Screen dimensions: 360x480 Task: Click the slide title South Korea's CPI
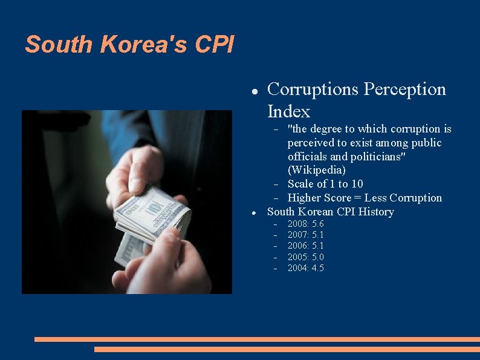pyautogui.click(x=129, y=44)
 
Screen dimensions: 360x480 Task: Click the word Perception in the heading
pyautogui.click(x=404, y=90)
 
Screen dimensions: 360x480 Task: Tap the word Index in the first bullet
pyautogui.click(x=288, y=111)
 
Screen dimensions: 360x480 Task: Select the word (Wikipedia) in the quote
pyautogui.click(x=316, y=170)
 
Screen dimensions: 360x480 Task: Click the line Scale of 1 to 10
pyautogui.click(x=325, y=184)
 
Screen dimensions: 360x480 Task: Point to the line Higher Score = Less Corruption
pyautogui.click(x=365, y=198)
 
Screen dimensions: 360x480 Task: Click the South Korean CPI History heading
pyautogui.click(x=330, y=212)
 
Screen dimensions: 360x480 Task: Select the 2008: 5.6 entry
pyautogui.click(x=305, y=224)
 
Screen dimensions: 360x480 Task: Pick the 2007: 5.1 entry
pyautogui.click(x=305, y=235)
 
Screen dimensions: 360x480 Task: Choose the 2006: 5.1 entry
pyautogui.click(x=305, y=246)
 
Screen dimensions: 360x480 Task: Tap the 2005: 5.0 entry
pyautogui.click(x=305, y=257)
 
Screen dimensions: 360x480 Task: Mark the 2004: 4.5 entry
pyautogui.click(x=305, y=268)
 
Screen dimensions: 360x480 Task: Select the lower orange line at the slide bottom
pyautogui.click(x=287, y=349)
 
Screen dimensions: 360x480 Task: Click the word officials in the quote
pyautogui.click(x=306, y=157)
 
